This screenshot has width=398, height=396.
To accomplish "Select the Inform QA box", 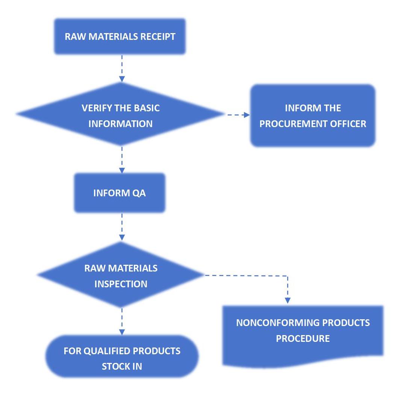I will click(120, 193).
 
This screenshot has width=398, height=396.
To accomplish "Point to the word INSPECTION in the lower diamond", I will click(121, 284).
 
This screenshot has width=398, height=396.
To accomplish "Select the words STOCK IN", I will click(122, 366).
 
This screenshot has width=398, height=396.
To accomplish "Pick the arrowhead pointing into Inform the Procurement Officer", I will click(247, 115).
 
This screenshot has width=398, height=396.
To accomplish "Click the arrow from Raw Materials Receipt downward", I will click(122, 68).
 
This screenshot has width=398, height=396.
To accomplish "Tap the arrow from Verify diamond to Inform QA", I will click(122, 160).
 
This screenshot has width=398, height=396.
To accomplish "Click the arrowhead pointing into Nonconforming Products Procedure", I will click(288, 300).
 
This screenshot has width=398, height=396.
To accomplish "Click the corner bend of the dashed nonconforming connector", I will click(288, 276).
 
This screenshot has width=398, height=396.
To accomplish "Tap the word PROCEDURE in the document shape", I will click(303, 338).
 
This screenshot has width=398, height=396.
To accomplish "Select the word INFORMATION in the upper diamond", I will click(121, 124).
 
